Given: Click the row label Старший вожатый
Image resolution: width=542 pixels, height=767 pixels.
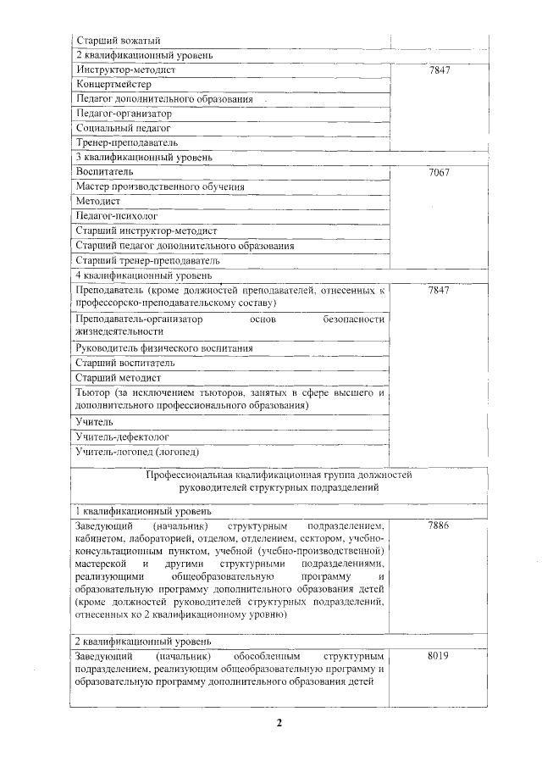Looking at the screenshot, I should tap(113, 41).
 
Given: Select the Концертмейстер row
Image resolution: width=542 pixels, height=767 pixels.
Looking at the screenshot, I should tap(114, 85).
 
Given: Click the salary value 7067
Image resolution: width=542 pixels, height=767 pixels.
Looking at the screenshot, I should tap(439, 172).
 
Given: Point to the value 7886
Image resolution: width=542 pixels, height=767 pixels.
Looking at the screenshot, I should tap(439, 526).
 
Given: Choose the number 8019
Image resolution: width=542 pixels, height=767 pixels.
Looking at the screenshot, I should tap(439, 657).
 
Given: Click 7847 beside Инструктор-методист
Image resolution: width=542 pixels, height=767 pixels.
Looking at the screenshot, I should tap(439, 70).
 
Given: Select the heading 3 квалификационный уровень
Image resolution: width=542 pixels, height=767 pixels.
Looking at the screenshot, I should tap(143, 157).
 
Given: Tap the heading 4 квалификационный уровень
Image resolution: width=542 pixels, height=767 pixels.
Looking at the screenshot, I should tap(143, 275).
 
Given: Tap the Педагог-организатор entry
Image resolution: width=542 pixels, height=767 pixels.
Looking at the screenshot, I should tap(124, 114).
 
